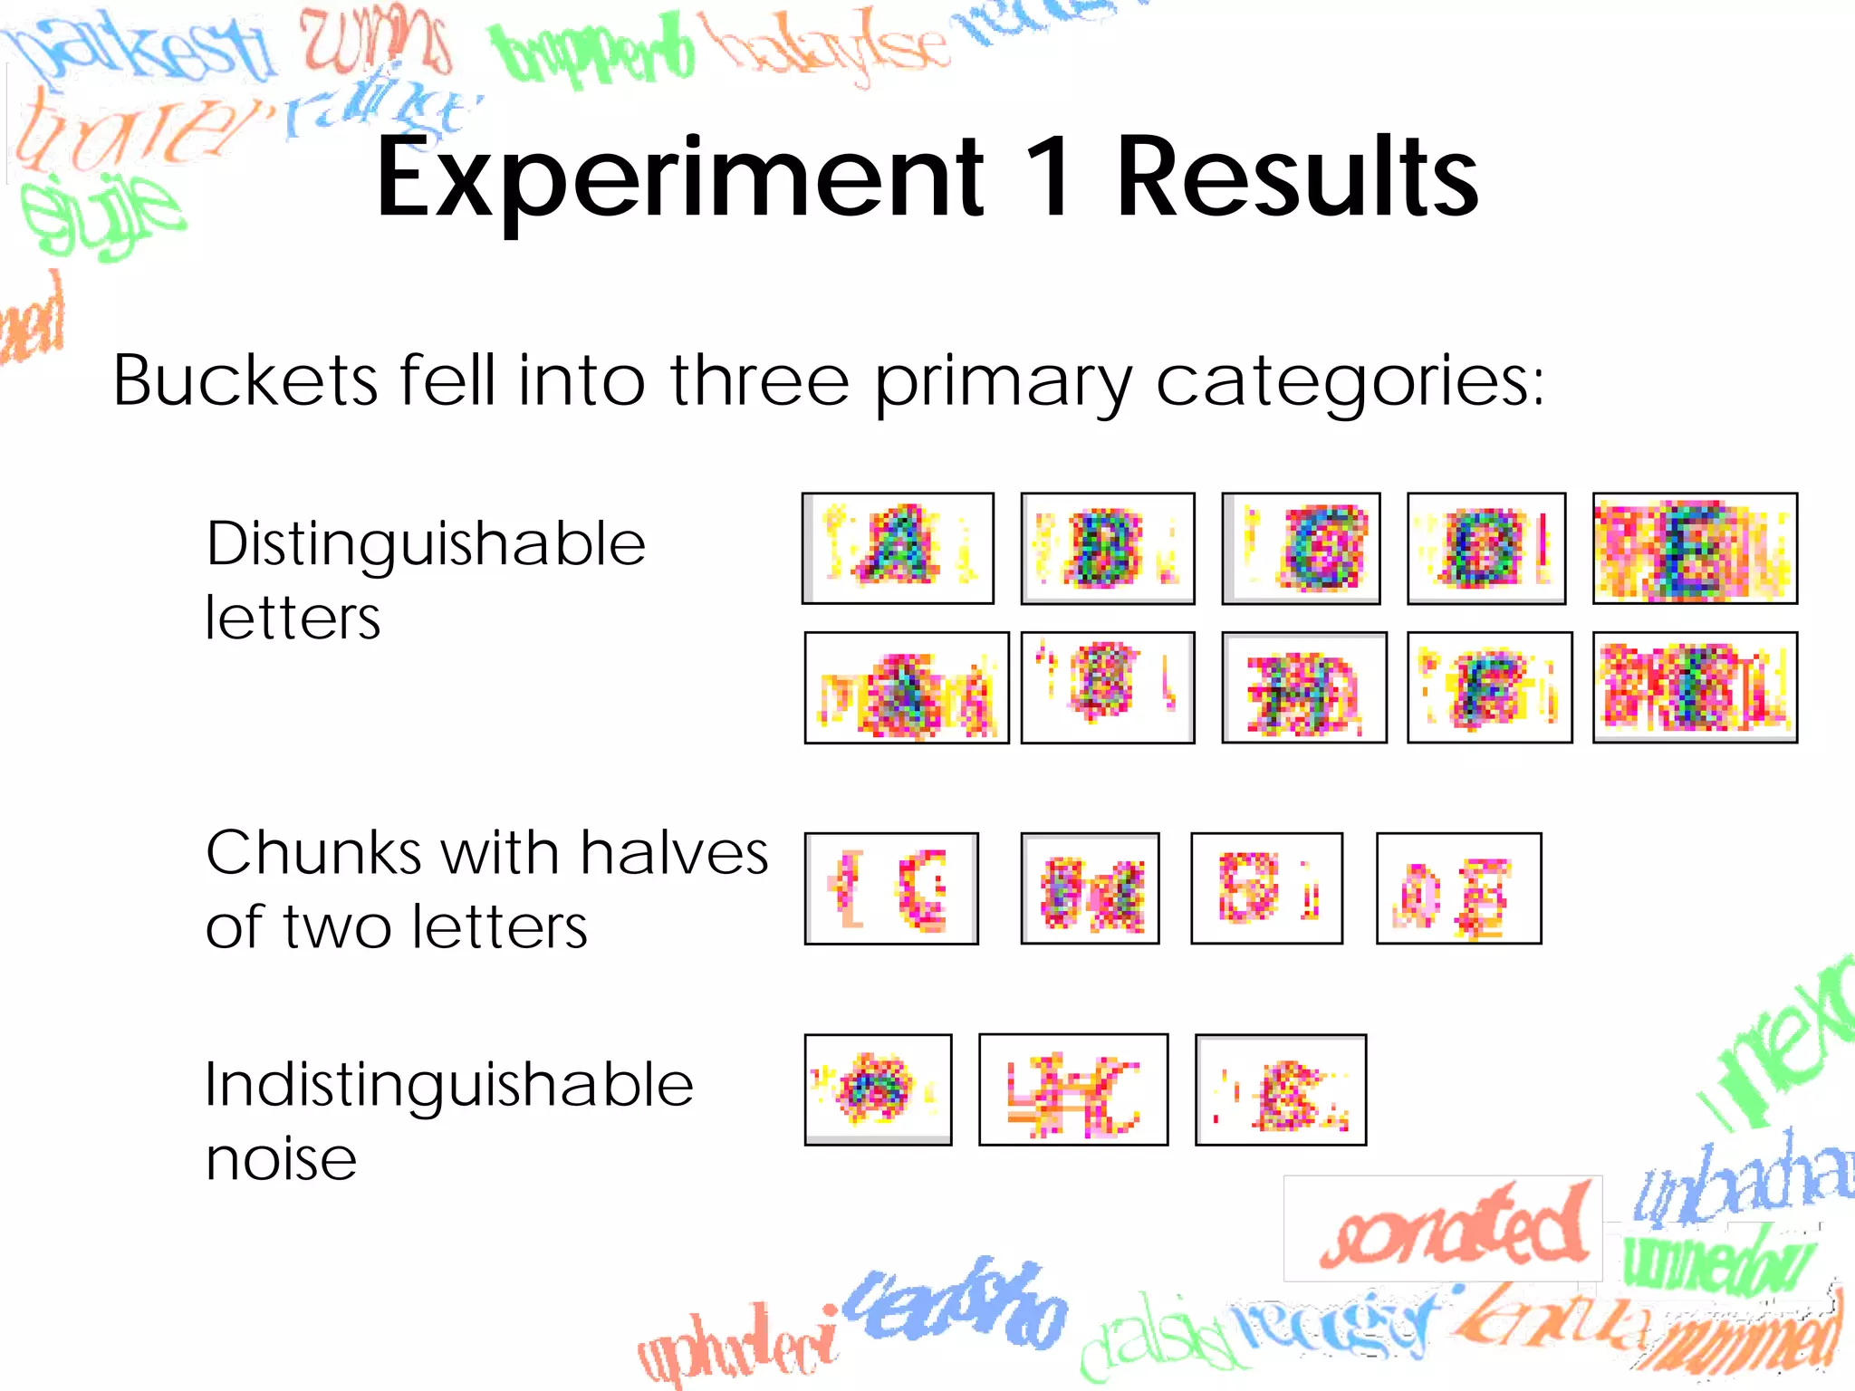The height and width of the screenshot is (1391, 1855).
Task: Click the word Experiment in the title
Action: (x=679, y=177)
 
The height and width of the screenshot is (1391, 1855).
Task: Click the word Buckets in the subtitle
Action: (x=245, y=380)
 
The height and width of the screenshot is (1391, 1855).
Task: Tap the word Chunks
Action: (x=313, y=853)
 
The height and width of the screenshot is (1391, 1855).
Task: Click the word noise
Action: (x=281, y=1159)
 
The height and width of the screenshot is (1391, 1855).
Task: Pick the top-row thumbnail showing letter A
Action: (x=898, y=549)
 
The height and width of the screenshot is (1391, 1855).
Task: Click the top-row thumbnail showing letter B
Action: (x=1107, y=549)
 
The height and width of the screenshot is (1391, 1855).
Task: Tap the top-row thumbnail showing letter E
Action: (x=1695, y=549)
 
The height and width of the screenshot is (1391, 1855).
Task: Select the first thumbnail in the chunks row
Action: (x=891, y=888)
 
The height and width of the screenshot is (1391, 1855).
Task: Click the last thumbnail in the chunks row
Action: (x=1458, y=888)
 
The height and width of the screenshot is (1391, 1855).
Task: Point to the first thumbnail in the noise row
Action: (x=878, y=1089)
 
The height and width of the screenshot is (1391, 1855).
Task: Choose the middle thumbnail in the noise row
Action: (x=1073, y=1089)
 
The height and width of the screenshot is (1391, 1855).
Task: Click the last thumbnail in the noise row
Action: (x=1281, y=1089)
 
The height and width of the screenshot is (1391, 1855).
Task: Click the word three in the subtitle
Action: (x=759, y=380)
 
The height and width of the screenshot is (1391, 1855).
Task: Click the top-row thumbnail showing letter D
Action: (x=1486, y=549)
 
